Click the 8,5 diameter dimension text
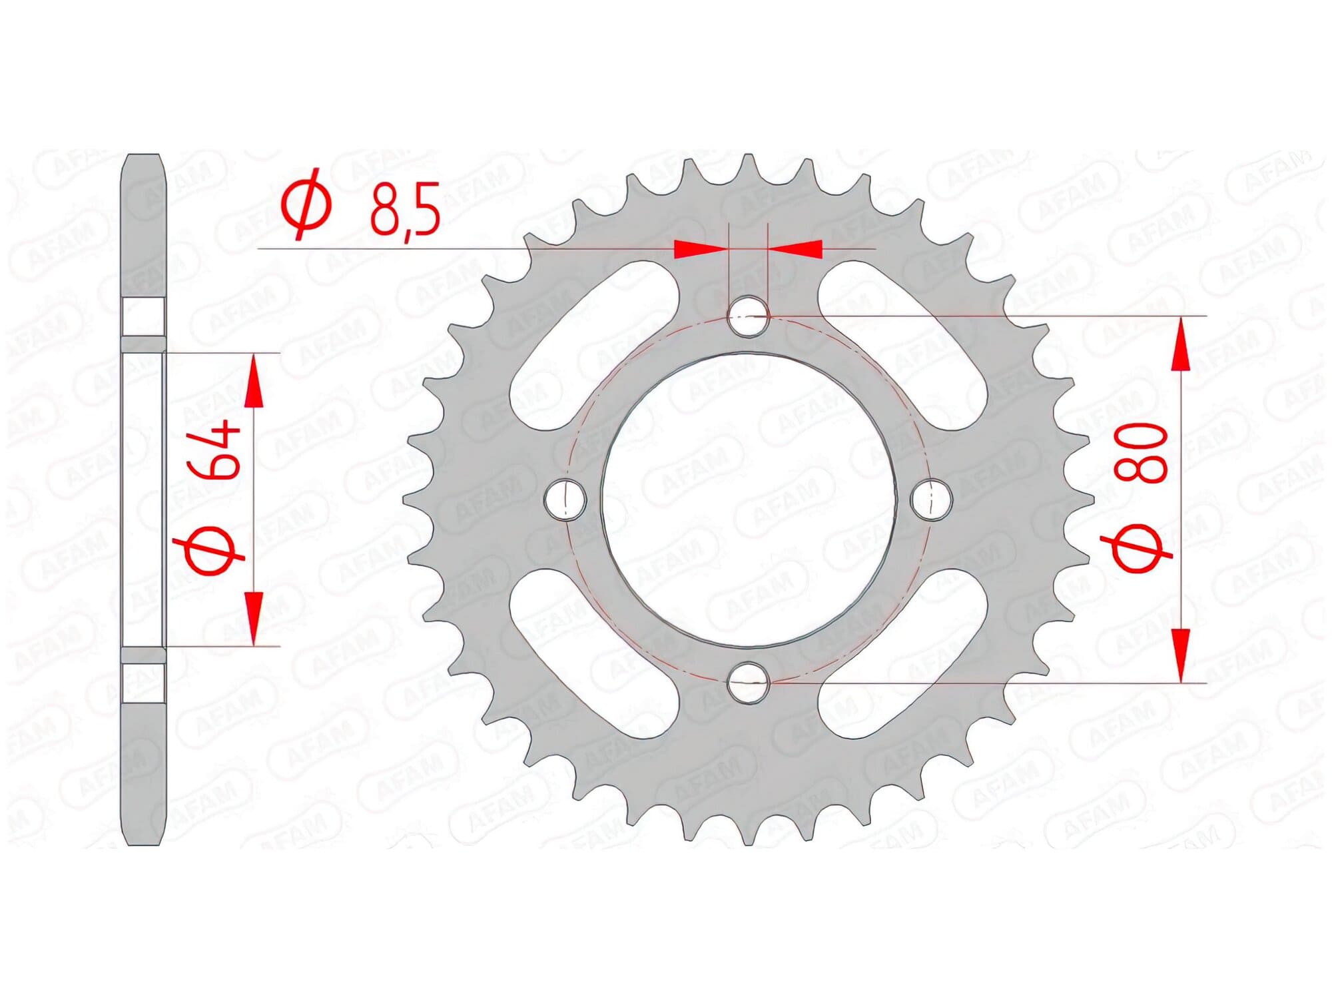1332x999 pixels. click(x=405, y=211)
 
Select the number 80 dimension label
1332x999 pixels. click(x=1144, y=453)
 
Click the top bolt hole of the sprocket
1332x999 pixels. click(x=749, y=316)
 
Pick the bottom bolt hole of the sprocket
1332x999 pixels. click(x=749, y=682)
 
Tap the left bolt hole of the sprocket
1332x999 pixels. click(x=565, y=499)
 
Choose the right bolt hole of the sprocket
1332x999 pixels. click(x=932, y=499)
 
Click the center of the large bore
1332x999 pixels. click(x=749, y=499)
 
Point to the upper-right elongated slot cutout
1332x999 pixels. click(x=903, y=347)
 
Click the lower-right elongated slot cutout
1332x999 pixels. click(x=903, y=653)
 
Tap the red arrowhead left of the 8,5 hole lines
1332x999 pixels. click(x=699, y=249)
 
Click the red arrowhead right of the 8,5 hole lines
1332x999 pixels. click(x=797, y=249)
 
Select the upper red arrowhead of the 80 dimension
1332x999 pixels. click(x=1180, y=344)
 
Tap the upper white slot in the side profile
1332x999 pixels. click(x=144, y=318)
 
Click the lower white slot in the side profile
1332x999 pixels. click(x=144, y=682)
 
